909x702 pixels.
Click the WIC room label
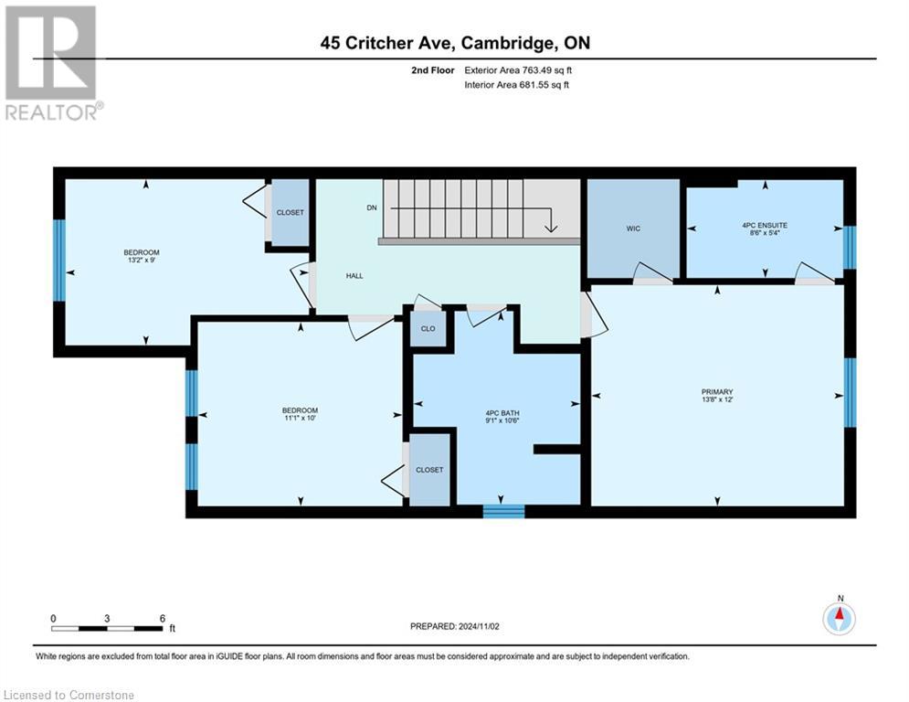pos(633,229)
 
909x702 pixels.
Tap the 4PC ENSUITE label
pos(766,224)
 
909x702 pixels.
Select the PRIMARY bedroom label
pos(717,392)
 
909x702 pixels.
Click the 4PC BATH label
pos(498,413)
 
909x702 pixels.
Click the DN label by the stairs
pos(372,207)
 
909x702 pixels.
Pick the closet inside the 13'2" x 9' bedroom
pos(291,212)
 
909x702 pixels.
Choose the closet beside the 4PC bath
pos(429,470)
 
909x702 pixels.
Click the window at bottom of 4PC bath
pos(503,511)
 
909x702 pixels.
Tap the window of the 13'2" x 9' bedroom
pos(59,261)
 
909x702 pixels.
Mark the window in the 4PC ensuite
pos(849,247)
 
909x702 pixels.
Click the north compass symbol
pos(839,618)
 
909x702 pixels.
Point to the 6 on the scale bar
pos(163,619)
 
